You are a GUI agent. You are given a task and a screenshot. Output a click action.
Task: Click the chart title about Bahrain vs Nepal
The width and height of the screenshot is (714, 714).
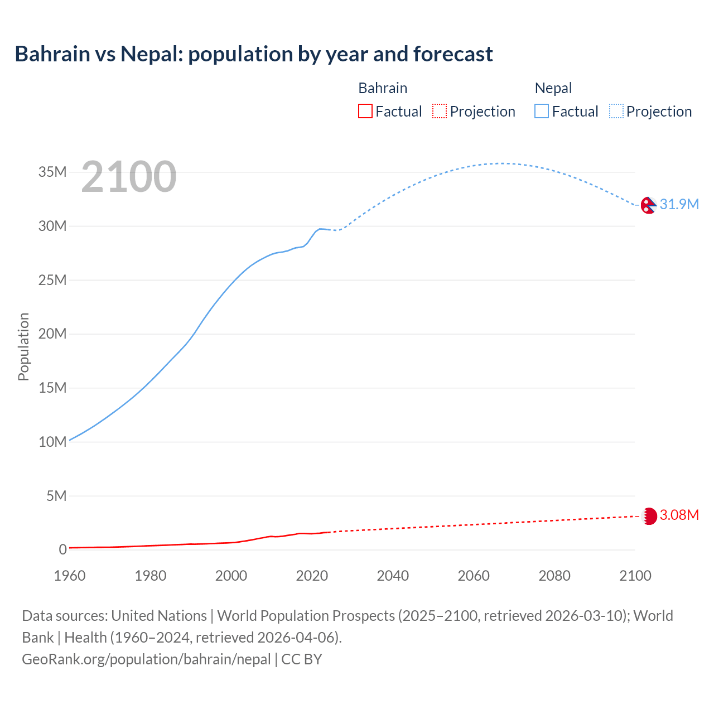click(254, 54)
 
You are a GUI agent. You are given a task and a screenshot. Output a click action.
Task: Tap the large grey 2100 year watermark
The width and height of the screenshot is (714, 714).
click(129, 177)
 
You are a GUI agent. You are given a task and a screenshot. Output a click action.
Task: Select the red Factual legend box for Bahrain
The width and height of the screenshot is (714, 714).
click(365, 112)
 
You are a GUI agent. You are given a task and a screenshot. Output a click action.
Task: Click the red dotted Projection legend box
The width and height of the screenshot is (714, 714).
click(440, 112)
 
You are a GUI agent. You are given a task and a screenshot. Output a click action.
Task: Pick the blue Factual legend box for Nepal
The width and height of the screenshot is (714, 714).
click(542, 112)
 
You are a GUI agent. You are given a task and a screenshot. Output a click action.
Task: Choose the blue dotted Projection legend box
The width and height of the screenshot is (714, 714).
click(616, 112)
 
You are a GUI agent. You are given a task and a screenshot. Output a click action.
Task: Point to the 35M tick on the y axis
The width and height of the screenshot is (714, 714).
click(52, 172)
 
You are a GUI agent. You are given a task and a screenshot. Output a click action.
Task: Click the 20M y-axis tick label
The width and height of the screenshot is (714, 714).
click(52, 334)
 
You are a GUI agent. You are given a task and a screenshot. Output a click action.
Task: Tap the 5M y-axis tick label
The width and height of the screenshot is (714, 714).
click(56, 495)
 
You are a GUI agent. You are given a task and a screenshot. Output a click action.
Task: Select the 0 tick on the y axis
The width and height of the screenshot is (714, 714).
click(63, 549)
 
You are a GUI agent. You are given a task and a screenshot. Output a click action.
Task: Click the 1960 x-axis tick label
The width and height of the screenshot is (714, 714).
click(70, 576)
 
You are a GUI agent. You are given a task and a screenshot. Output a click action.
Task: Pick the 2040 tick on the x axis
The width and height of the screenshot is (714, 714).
click(393, 576)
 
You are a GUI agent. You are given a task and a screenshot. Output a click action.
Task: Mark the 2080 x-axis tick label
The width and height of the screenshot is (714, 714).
click(554, 576)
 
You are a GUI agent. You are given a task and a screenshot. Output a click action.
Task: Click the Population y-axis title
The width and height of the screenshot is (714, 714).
click(23, 346)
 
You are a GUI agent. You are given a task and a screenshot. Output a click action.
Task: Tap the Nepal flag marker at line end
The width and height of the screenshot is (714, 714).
click(648, 205)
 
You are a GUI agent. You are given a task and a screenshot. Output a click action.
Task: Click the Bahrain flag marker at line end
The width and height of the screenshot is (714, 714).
click(649, 516)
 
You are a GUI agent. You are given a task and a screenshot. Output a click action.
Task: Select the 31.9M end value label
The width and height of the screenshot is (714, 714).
click(679, 204)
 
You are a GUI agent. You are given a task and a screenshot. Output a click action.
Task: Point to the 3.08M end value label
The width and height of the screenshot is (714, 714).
click(679, 515)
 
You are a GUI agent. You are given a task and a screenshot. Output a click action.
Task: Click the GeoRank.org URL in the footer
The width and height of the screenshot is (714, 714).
click(146, 659)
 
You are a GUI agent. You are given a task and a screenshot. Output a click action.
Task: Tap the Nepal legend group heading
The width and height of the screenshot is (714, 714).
click(553, 88)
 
